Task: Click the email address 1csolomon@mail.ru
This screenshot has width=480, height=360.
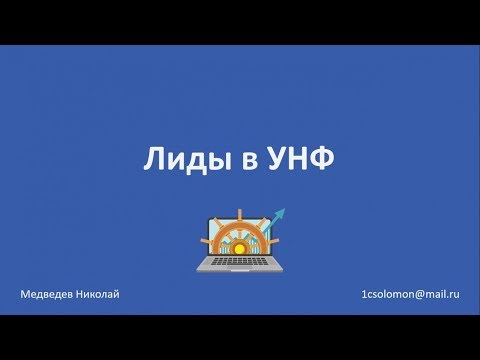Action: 410,296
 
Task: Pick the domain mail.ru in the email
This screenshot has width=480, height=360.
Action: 440,296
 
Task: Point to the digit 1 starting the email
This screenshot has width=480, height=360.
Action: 364,296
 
